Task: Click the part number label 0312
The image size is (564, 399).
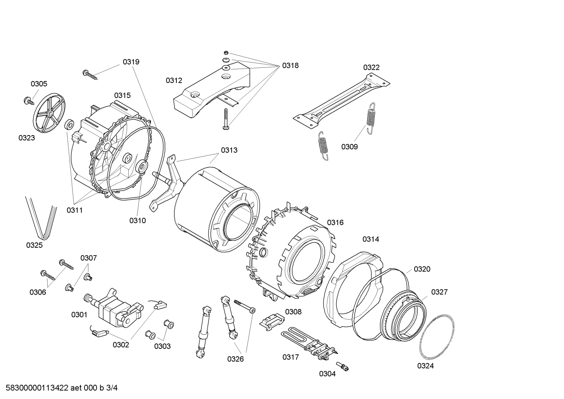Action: tap(174, 81)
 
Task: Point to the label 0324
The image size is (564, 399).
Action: tap(425, 366)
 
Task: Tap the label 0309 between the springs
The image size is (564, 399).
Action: tap(349, 147)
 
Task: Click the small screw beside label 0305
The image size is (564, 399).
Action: tap(29, 101)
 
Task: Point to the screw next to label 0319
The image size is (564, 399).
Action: tap(90, 74)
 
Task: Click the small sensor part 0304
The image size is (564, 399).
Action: tap(345, 367)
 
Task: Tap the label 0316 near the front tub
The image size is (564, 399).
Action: tap(335, 223)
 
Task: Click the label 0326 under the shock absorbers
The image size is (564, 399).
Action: tap(235, 359)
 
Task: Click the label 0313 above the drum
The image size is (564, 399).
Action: tap(229, 150)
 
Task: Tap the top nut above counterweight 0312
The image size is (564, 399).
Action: tap(226, 52)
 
